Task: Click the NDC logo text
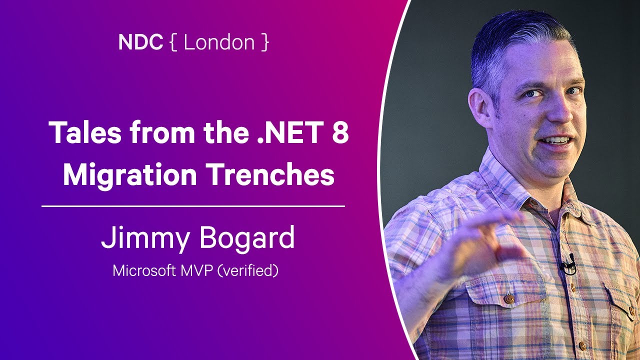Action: coord(140,42)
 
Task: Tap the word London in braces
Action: coord(219,42)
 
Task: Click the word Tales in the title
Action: coord(85,132)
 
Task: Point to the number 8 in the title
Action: coord(340,132)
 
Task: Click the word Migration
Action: coord(129,174)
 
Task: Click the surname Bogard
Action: coord(247,237)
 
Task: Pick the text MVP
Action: coord(196,270)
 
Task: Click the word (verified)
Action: coord(248,270)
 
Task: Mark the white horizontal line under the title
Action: coord(193,205)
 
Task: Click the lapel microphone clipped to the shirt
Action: coord(568,265)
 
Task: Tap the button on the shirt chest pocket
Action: coord(509,299)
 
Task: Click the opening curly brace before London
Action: coord(173,42)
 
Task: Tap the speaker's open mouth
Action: coord(555,140)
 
